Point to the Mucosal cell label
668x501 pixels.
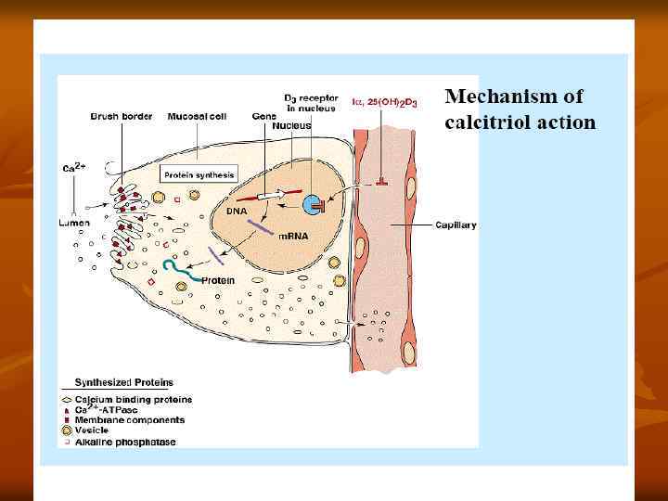pos(193,117)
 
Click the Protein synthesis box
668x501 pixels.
pos(199,174)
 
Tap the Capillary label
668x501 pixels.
pos(456,225)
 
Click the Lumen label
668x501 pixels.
pos(74,222)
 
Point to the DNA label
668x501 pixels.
pos(238,211)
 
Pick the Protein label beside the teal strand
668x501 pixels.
pos(218,279)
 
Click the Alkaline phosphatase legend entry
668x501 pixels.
pos(121,441)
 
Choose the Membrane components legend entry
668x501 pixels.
pos(122,419)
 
